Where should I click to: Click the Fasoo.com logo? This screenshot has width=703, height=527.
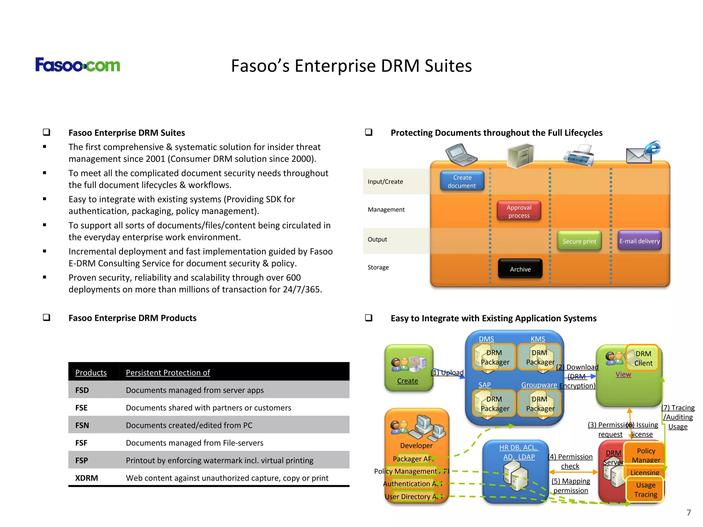(x=78, y=65)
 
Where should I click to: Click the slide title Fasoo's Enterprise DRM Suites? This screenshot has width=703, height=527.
(x=351, y=66)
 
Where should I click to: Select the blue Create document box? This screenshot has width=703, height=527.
(x=462, y=181)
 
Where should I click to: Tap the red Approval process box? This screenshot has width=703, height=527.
(x=519, y=211)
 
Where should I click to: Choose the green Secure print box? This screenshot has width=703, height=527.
(x=579, y=241)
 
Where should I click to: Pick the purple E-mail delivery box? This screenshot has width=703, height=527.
(x=639, y=241)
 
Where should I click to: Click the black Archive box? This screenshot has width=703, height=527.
(x=520, y=269)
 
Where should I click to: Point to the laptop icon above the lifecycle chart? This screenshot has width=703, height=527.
(x=461, y=155)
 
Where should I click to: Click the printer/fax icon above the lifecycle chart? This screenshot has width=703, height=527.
(x=579, y=155)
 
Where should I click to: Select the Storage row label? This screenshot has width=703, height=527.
(x=378, y=267)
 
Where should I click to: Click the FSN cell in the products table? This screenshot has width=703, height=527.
(x=82, y=425)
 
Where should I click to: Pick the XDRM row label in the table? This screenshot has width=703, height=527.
(x=87, y=478)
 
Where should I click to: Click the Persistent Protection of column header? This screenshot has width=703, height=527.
(x=168, y=373)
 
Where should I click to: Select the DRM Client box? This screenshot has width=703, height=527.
(x=643, y=358)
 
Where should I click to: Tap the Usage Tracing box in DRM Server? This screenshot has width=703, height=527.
(x=645, y=490)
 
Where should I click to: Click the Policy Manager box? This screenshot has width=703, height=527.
(x=645, y=455)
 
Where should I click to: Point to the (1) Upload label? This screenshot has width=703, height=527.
(x=447, y=373)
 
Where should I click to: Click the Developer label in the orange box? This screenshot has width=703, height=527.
(x=416, y=445)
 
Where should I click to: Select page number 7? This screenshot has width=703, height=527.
(x=688, y=512)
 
